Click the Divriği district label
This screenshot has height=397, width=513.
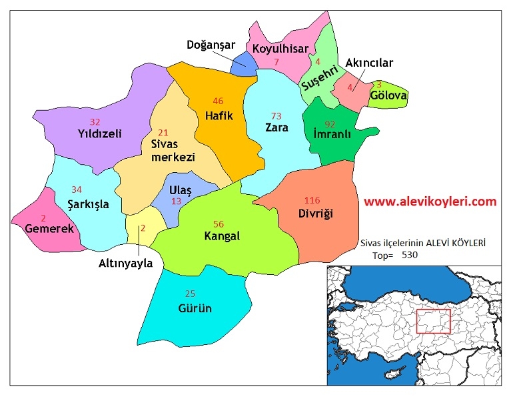coord(315,214)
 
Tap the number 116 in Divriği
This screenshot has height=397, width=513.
coord(312,201)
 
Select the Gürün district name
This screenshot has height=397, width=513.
coord(195,308)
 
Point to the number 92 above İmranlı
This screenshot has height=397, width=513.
coord(330,123)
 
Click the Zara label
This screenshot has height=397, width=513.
coord(276,127)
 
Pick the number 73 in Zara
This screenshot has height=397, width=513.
coord(276,116)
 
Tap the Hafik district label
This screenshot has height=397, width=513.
coord(219,115)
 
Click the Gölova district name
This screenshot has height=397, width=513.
coord(388,96)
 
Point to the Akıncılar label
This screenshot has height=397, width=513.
coord(370,63)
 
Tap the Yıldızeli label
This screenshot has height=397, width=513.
coord(99,133)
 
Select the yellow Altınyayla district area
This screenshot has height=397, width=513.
coord(144,227)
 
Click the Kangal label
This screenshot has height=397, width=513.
coord(222,236)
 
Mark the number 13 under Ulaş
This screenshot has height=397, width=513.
coord(176,202)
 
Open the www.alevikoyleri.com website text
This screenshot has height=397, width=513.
coord(430,201)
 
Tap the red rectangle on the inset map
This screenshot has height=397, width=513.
coord(433,321)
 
